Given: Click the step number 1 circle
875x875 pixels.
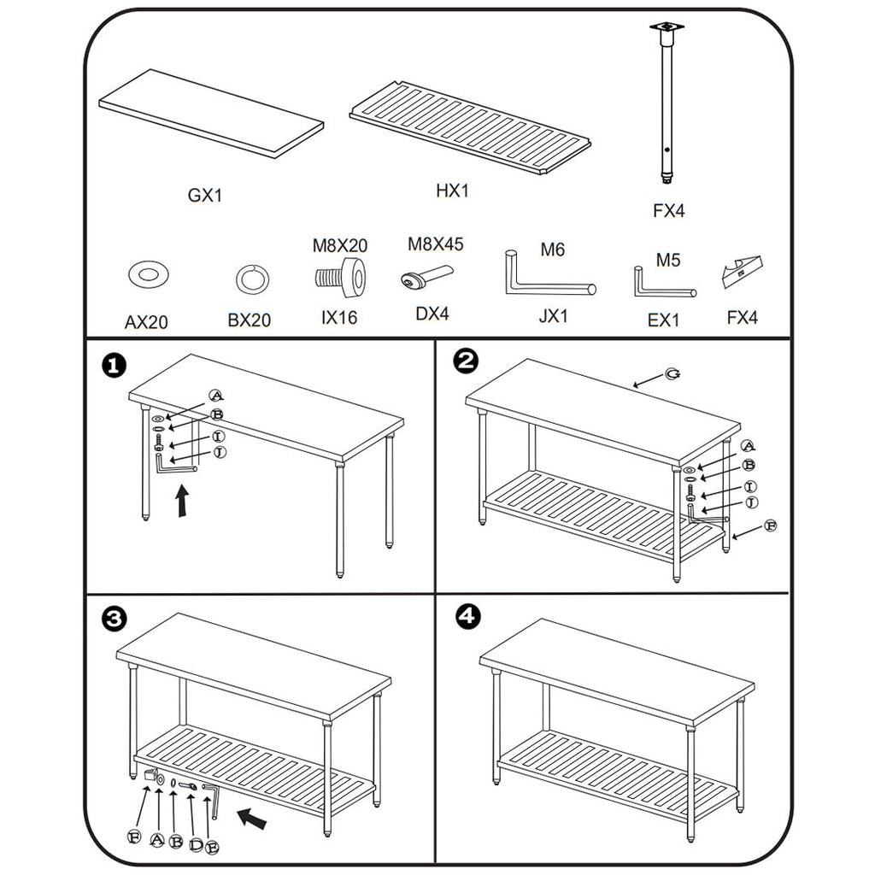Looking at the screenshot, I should pos(114,366).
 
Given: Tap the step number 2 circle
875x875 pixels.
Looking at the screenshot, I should pos(466,362).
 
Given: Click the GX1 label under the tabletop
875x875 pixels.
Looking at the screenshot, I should pos(205,196).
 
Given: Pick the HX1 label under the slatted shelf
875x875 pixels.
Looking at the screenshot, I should pos(453,191).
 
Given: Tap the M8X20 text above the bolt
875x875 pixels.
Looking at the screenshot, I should pos(339,246).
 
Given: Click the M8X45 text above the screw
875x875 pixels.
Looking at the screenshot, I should pos(435,244).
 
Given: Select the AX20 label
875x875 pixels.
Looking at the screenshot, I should pos(146,322).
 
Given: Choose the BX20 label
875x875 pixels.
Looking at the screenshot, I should pos(249,320).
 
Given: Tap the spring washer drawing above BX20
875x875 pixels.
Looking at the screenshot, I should pos(252,279).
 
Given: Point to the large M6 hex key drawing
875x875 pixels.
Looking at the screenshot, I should pos(547,278).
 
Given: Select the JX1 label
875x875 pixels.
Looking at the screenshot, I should pos(554,316).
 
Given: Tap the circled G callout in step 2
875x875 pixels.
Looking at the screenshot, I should pos(673,375).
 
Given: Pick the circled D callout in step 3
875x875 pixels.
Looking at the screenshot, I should pos(196,845).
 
